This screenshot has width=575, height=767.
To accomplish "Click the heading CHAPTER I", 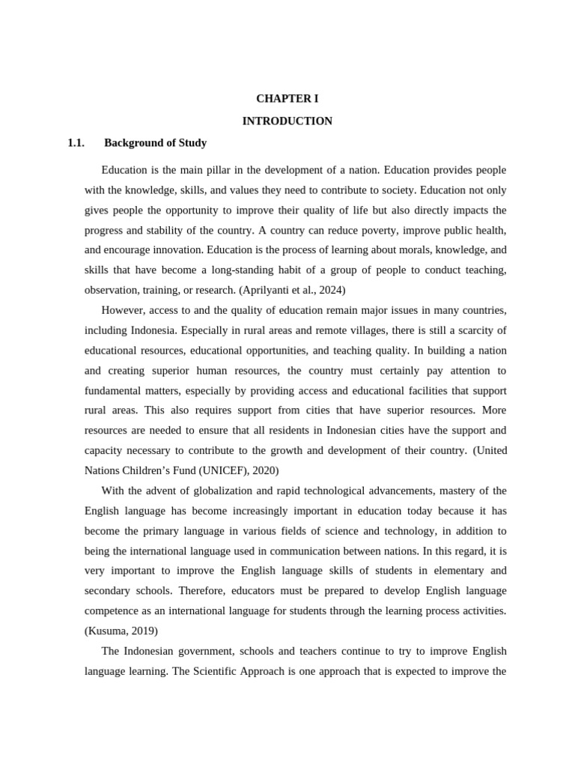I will click(x=287, y=98).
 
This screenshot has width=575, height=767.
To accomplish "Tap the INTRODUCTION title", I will click(x=287, y=121).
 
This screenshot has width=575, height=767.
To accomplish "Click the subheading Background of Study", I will click(x=156, y=142).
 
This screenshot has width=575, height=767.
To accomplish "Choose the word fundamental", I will click(x=112, y=390).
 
